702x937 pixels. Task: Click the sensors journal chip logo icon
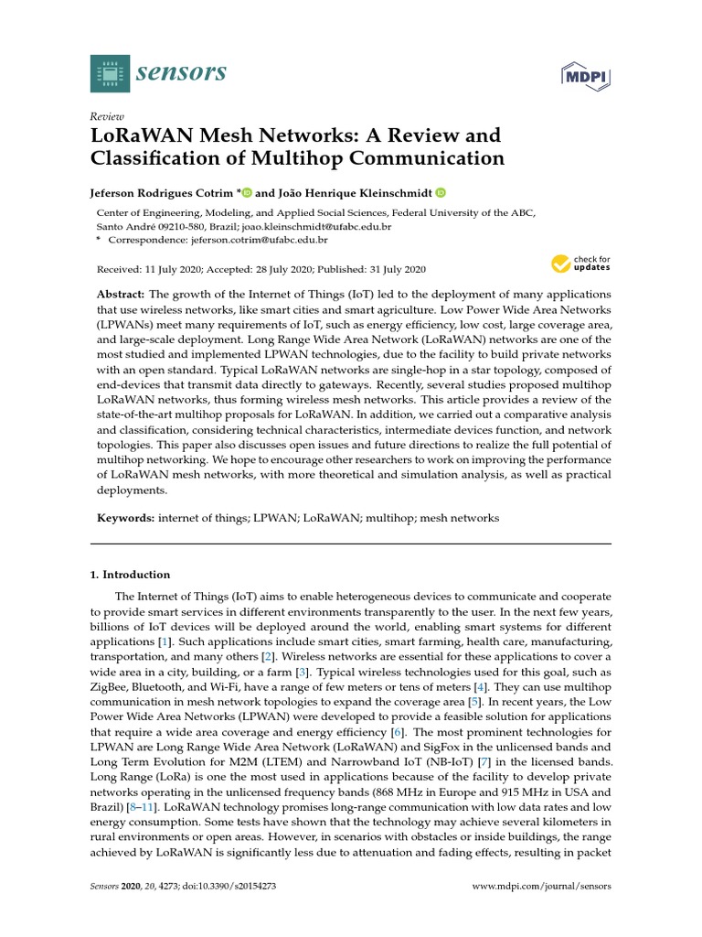[x=111, y=73]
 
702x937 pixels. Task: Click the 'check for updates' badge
[x=580, y=264]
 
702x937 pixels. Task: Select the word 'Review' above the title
[x=106, y=116]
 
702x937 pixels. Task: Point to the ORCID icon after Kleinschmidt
[x=441, y=192]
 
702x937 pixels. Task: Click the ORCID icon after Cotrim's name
[x=247, y=192]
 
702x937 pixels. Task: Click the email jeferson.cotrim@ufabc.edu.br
[x=259, y=240]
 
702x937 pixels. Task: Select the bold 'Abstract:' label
[x=121, y=295]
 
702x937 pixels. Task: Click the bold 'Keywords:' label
[x=126, y=518]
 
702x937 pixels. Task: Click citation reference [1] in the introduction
[x=165, y=643]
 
